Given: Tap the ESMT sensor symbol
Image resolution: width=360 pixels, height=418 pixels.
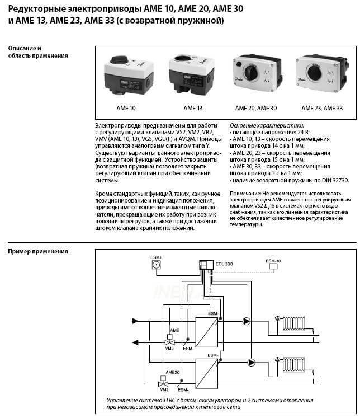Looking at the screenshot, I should [157, 266].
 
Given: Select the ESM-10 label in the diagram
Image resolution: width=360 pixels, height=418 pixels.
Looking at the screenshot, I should [273, 261].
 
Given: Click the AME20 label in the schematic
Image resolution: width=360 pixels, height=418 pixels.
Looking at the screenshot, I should [172, 372].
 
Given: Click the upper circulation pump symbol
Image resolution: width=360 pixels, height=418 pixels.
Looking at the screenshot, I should [247, 321].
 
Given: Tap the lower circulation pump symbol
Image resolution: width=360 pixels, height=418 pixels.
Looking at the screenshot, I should [252, 362].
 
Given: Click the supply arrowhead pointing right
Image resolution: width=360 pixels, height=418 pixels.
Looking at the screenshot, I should [135, 321].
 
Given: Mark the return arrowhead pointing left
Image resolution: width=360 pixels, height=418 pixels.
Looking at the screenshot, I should [134, 340].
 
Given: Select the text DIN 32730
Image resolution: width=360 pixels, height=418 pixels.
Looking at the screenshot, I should [332, 180].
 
